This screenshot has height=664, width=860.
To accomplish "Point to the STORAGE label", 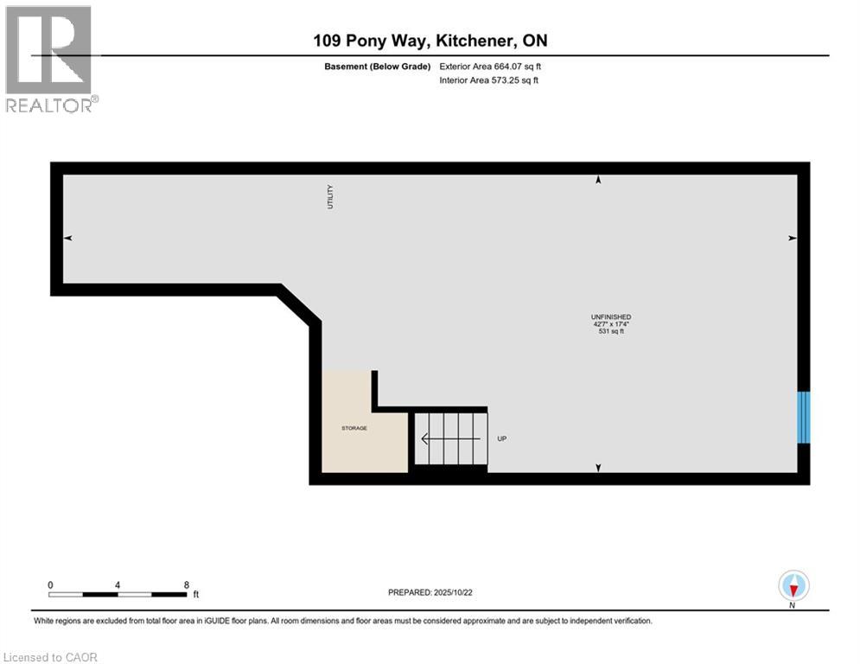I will (354, 428).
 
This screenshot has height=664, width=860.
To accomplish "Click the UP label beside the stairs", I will (501, 438).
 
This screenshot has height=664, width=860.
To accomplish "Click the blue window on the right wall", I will (803, 418).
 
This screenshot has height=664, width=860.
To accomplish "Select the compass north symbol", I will (793, 586).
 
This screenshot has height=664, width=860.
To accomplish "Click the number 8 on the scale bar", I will (187, 584).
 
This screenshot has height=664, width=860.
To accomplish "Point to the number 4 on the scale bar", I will (118, 584).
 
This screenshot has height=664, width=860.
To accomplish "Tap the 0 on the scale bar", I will (51, 584).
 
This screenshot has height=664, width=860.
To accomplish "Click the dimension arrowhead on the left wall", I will (68, 238).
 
